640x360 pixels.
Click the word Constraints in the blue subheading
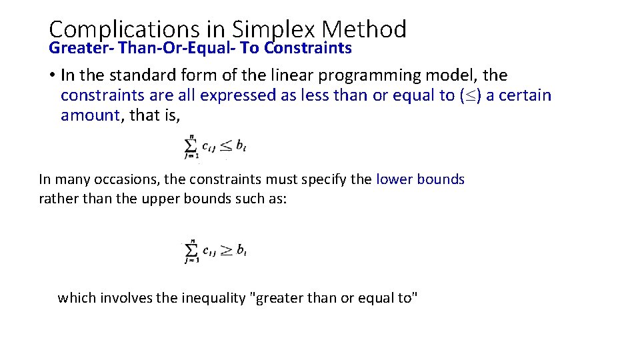(x=309, y=48)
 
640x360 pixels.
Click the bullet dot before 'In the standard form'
(x=52, y=76)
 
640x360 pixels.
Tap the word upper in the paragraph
(x=161, y=199)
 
